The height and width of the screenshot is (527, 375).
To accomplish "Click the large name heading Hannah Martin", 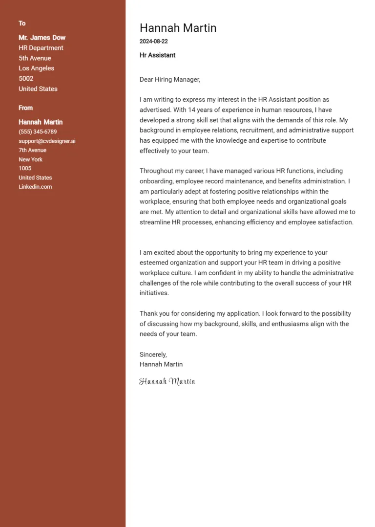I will coord(178,28).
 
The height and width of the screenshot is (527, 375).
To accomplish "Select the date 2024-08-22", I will coord(153,42).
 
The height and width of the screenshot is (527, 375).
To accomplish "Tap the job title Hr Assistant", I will coord(157,55).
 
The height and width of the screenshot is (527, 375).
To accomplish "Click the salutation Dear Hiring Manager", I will coord(169,79).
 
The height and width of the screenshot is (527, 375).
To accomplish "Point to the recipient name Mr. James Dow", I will coord(42,38).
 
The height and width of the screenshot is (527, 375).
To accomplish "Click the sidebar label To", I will coord(22,23).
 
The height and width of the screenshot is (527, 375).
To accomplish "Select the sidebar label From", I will coord(25,108).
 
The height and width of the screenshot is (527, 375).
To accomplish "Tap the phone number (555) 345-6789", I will coord(38,132).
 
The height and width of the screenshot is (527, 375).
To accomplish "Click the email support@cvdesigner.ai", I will coord(47,141).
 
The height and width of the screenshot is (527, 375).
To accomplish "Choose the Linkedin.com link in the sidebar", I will coord(35,187).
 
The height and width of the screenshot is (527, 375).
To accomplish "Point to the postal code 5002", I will coord(26,79).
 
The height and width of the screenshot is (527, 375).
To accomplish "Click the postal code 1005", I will coord(25,169).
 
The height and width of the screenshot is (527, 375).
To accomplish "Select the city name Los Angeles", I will coord(36,68).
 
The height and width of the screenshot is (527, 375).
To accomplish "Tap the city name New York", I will coord(30,159).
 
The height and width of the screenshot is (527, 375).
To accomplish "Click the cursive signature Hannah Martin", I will coord(167,381).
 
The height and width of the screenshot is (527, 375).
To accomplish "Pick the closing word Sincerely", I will coord(153,354).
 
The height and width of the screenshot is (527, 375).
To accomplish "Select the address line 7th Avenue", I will coord(32,151).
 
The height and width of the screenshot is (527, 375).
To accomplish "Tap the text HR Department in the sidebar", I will coord(41,48).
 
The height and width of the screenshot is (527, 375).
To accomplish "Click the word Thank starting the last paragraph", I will coord(148,314).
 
